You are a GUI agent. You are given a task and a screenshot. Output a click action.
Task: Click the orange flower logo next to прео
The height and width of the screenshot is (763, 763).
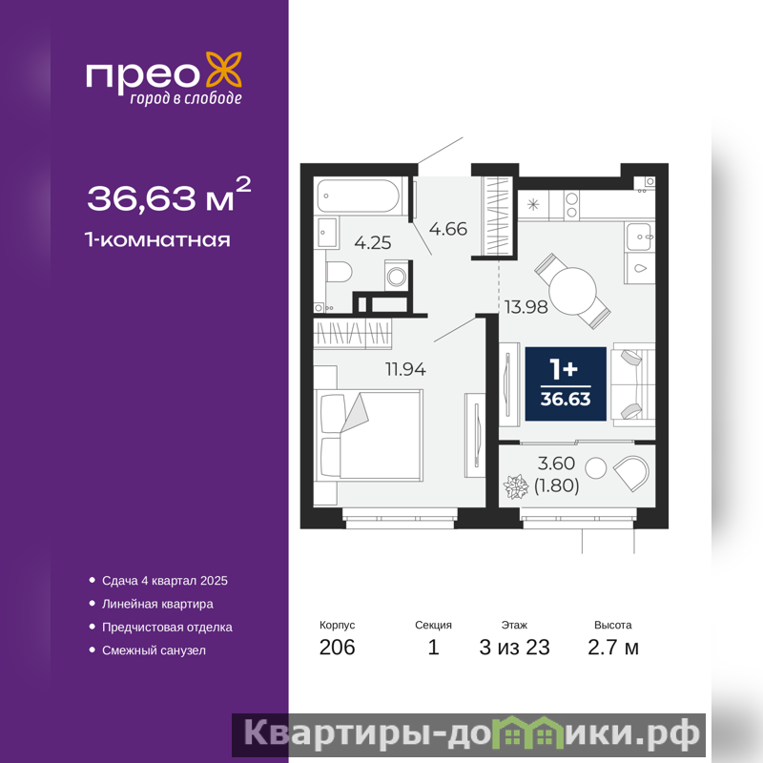[224, 72]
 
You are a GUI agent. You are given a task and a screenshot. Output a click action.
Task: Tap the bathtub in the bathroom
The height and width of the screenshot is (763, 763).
[359, 196]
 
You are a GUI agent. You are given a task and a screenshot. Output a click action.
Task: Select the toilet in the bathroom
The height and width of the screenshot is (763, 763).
[340, 272]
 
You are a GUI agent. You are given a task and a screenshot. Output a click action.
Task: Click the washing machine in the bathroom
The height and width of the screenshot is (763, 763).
[397, 276]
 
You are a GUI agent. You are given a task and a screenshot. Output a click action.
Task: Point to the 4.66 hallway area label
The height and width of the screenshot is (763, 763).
[447, 229]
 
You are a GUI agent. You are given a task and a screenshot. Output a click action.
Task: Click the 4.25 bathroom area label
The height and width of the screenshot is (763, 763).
[373, 242]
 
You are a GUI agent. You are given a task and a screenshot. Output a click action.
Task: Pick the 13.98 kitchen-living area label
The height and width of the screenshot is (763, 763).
[526, 307]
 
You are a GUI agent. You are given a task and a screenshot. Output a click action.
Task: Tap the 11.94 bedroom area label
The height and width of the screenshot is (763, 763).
[405, 369]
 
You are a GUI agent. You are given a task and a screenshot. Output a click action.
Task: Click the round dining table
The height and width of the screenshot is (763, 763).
[573, 291]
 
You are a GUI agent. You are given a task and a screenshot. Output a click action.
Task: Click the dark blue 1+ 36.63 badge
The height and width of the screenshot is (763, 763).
[566, 383]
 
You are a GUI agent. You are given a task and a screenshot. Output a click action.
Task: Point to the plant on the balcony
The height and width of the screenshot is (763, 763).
[515, 486]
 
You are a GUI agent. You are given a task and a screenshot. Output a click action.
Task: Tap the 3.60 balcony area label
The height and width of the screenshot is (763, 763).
[556, 464]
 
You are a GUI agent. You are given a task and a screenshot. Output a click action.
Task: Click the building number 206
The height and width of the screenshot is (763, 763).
[338, 648]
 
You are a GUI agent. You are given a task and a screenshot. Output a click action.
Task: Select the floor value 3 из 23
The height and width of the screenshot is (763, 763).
[514, 648]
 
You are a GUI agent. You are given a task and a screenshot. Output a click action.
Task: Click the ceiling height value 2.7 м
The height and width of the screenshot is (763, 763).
[613, 648]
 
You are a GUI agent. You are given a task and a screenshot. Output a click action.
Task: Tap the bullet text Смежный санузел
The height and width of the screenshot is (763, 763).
[154, 650]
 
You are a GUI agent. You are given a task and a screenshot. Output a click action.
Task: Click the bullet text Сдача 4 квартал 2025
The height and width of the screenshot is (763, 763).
[165, 581]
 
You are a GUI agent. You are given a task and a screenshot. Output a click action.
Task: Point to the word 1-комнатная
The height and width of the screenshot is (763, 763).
[157, 240]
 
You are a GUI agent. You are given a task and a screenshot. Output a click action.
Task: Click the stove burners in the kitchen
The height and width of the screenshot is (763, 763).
[572, 205]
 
